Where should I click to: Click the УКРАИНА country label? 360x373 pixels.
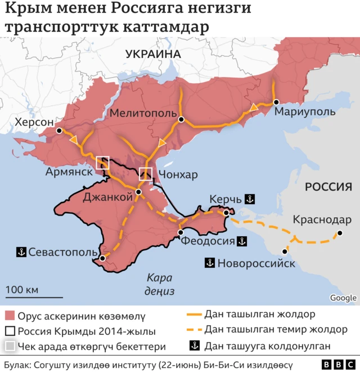coord(152,54)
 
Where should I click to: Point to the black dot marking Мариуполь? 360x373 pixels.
coord(276,102)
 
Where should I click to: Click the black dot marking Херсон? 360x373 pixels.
coord(59,131)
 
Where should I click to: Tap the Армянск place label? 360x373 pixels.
coord(69,172)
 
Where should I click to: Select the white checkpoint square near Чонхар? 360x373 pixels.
coord(146,174)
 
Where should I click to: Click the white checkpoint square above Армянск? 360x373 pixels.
coord(103,163)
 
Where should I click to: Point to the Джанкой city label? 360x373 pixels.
coord(107,196)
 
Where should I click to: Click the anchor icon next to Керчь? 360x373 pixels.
coord(251,199)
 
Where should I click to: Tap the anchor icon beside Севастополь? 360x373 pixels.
coord(21,251)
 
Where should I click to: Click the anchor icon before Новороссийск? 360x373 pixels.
coord(210,263)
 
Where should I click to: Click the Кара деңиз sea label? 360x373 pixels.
coord(160,284)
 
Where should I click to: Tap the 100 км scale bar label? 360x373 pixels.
coord(22,290)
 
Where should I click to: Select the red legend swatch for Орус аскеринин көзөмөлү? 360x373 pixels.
coord(9,315)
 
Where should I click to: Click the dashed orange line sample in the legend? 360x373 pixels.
coord(193,329)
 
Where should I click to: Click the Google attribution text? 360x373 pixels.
coord(343,298)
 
